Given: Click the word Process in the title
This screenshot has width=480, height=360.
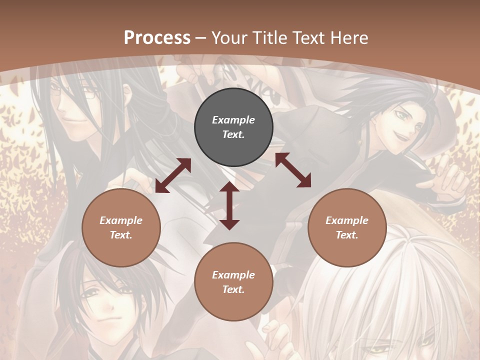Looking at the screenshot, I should point(157,38).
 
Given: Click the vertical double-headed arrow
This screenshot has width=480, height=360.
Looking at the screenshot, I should point(229,205).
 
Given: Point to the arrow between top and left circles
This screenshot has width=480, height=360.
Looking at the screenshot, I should point(173,175).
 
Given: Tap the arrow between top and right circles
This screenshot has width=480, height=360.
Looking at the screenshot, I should point(293,170).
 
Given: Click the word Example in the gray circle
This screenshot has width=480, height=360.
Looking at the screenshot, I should point(233,120).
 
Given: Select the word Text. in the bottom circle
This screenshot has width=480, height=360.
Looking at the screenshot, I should point(233,289).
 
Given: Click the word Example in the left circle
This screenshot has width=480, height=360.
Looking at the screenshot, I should point(121,220).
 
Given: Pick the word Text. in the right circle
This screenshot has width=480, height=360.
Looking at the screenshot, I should point(347,235).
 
